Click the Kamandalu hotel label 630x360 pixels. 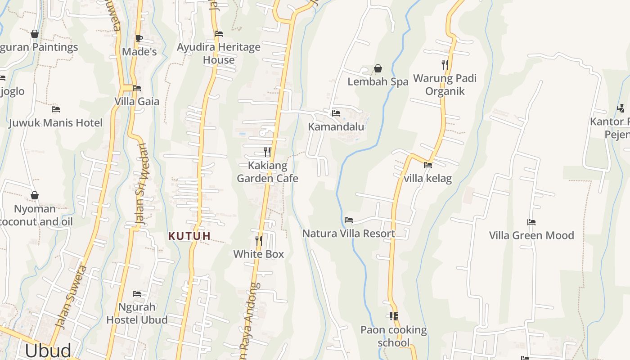point(336,127)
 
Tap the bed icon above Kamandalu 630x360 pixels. point(336,113)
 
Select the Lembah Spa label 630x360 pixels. point(378,82)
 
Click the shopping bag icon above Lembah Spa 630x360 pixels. point(378,69)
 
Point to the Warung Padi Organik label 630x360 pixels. point(445,85)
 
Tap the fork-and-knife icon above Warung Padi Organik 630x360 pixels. point(445,65)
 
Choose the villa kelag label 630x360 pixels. point(427,178)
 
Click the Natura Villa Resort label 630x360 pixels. point(349,234)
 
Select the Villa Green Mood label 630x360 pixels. point(531,235)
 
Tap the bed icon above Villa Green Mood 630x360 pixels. point(531,222)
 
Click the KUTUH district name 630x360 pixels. point(189,236)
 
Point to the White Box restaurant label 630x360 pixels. point(258,254)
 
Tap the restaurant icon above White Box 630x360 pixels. point(259,241)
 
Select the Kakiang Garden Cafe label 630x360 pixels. point(267,172)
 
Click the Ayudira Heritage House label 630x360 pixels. point(219,54)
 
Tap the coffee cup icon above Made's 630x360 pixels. point(139,39)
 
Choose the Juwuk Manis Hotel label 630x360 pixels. point(56,123)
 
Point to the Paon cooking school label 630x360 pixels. point(394,336)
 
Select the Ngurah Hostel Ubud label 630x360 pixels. point(137,314)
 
